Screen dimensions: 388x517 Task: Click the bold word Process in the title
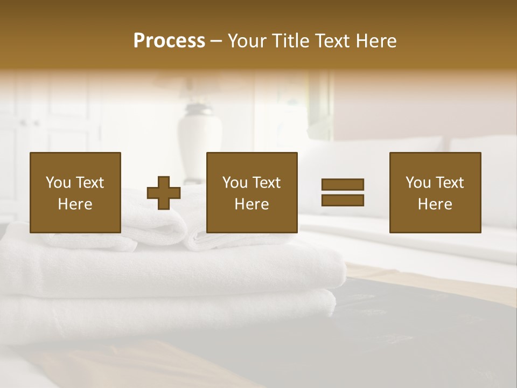click(x=169, y=41)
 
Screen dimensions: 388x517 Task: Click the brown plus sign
click(x=164, y=193)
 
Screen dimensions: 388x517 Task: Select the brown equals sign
click(x=343, y=192)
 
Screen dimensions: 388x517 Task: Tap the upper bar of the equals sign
click(x=343, y=185)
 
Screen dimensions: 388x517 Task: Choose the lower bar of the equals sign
click(x=343, y=200)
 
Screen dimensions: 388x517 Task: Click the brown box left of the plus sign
click(x=75, y=192)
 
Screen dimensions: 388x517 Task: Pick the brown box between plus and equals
click(x=251, y=192)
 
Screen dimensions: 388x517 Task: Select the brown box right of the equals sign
click(x=435, y=192)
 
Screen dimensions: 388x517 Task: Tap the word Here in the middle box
click(x=251, y=204)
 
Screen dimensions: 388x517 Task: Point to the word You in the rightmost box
click(x=418, y=183)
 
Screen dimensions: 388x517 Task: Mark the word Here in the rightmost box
click(x=435, y=204)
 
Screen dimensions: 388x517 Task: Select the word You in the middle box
click(x=235, y=183)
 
